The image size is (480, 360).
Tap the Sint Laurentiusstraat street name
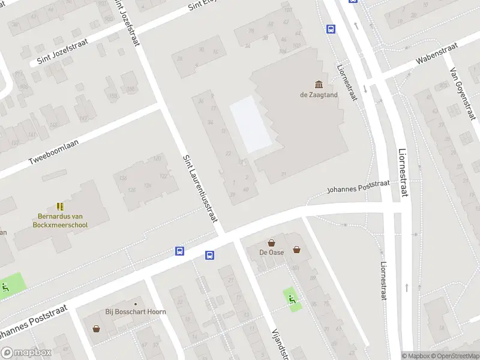pos(200,188)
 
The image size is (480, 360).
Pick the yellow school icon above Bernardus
pos(59,206)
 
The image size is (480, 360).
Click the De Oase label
pos(271,253)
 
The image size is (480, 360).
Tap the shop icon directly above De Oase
pos(271,243)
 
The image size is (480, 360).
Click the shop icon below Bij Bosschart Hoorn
pos(96,328)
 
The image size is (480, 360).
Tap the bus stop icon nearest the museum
pos(331,28)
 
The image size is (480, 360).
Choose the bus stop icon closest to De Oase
pos(210,256)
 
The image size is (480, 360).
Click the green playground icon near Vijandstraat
pos(292,298)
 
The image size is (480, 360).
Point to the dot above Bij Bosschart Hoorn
pos(136,303)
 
